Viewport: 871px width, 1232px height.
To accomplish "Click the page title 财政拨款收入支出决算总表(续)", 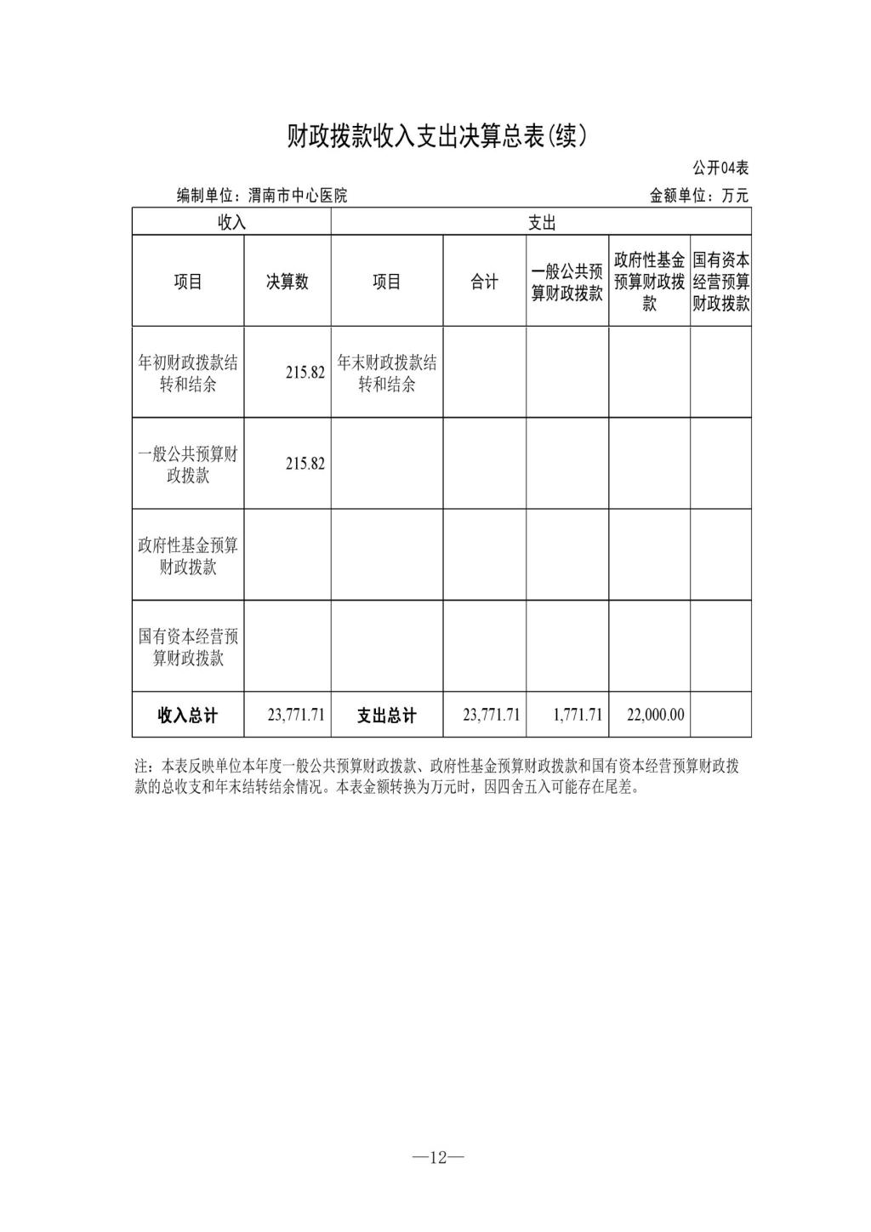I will point(436,136).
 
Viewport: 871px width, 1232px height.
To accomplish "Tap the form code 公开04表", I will point(720,168).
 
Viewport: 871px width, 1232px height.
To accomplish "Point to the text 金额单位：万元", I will point(699,196).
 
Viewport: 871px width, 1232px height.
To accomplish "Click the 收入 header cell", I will point(231,223).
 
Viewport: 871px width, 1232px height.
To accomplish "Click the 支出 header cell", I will point(541,223).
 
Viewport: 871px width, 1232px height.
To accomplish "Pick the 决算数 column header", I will point(287,282).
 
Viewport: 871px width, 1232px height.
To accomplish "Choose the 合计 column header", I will point(485,282).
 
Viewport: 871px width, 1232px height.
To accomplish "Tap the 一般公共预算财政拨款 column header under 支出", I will point(567,282).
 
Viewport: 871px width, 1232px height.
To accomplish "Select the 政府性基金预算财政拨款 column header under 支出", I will point(649,282).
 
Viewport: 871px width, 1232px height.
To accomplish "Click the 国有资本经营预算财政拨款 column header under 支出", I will point(720,282).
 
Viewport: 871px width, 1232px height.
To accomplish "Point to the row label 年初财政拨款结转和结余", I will point(188,374).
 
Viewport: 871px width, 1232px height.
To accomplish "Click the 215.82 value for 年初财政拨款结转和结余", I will point(305,373).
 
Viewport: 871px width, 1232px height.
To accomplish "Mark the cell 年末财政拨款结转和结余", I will point(387,374).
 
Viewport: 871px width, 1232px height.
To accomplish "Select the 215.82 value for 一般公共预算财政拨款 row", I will point(305,464).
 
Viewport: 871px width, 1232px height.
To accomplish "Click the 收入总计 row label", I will point(188,716).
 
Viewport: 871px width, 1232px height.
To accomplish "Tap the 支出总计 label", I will point(387,716).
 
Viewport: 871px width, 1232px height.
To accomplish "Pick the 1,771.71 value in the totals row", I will point(578,716).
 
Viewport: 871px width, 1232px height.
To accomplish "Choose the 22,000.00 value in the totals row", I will point(655,716).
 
